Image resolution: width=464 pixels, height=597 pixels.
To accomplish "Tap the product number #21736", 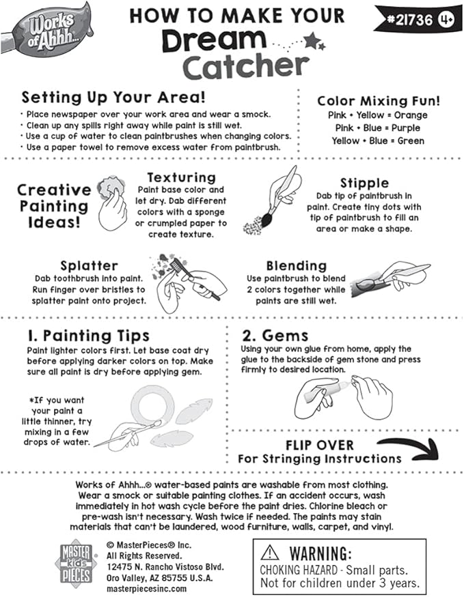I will [408, 20].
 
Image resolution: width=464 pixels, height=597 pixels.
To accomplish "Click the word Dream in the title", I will [213, 42].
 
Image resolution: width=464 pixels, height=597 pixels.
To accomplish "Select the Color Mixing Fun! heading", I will [378, 100].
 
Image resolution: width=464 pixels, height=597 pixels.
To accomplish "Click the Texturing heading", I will [181, 177].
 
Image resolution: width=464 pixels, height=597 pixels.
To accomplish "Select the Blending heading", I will [297, 265].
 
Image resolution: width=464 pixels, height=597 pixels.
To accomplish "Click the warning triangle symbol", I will [270, 553].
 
